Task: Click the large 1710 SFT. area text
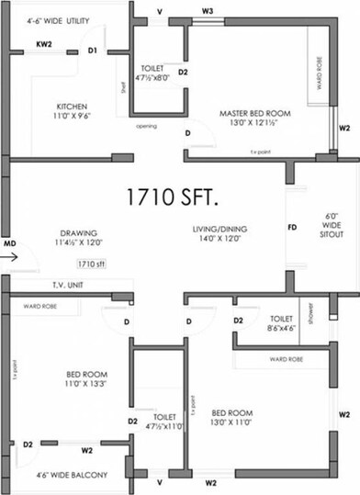pyautogui.click(x=180, y=197)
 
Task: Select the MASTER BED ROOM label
pyautogui.click(x=254, y=113)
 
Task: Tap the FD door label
pyautogui.click(x=292, y=225)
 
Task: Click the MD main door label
pyautogui.click(x=9, y=244)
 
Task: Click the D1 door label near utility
pyautogui.click(x=93, y=51)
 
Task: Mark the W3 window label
pyautogui.click(x=208, y=11)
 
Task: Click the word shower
pyautogui.click(x=311, y=318)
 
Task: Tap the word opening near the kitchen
pyautogui.click(x=146, y=126)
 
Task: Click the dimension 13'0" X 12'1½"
pyautogui.click(x=254, y=125)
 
